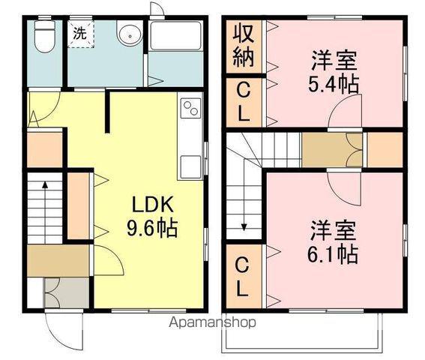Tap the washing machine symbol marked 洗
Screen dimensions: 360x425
coord(79,32)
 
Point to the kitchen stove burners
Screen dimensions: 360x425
coord(190,108)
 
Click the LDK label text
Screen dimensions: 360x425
coord(154,205)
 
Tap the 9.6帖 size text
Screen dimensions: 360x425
coord(154,227)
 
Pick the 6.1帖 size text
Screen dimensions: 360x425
coord(330,253)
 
